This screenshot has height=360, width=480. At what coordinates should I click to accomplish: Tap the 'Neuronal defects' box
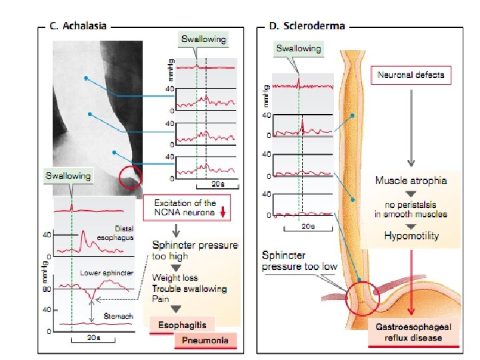[x=411, y=75]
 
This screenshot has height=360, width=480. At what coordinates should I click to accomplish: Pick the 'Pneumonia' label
[x=207, y=341]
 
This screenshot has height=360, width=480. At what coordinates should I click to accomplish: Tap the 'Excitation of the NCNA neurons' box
[x=185, y=207]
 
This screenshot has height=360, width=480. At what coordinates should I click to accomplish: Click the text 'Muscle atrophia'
[x=411, y=181]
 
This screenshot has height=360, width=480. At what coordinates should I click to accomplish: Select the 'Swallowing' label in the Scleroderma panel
[x=298, y=48]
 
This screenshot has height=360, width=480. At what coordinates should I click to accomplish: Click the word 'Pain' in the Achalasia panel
[x=161, y=299]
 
